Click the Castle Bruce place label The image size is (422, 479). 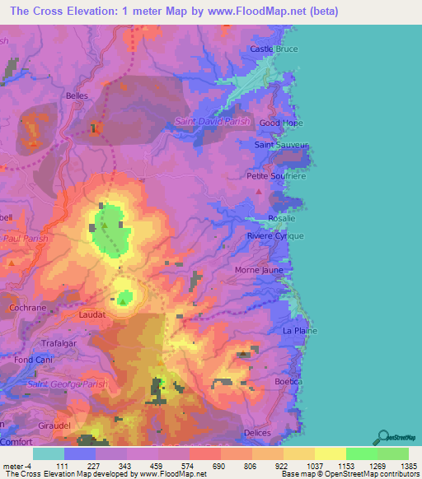(273, 50)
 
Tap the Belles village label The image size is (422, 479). (77, 95)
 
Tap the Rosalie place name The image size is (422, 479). (282, 219)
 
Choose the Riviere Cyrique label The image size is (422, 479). (275, 236)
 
